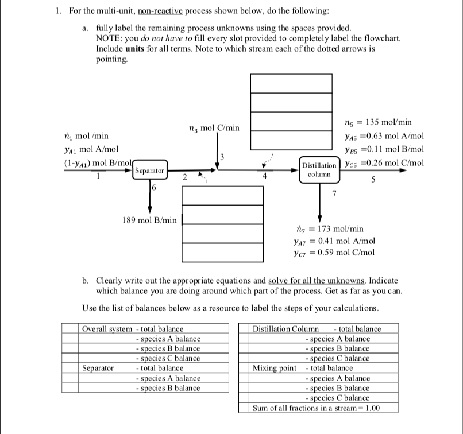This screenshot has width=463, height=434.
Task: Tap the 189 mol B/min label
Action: point(149,219)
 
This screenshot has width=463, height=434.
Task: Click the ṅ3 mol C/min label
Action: point(214,127)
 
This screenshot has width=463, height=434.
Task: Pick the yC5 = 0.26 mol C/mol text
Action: point(384,162)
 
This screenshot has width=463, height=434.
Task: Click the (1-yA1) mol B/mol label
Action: point(33,162)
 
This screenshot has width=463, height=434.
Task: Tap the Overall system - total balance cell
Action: point(134,329)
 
